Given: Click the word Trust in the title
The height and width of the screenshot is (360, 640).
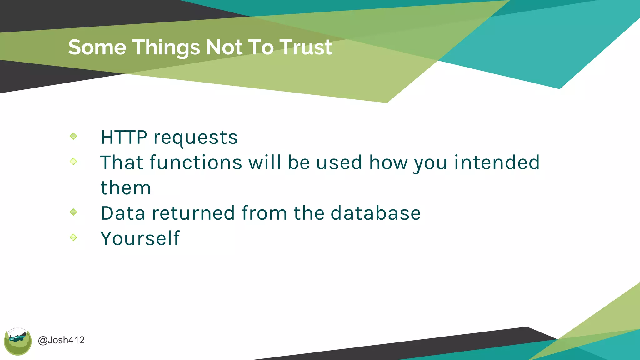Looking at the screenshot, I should (x=306, y=47).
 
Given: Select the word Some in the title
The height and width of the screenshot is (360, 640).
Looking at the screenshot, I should (x=97, y=47).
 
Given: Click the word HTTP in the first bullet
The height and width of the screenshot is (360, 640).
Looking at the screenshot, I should (x=124, y=137).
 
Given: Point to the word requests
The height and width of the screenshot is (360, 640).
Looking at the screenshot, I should (x=196, y=138).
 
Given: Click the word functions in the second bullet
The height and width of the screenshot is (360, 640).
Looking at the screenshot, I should (x=196, y=162).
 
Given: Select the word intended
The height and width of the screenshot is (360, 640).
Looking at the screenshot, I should (x=497, y=162).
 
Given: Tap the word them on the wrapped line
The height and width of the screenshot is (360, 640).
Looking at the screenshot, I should (x=126, y=188).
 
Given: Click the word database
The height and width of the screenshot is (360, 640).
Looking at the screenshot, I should (x=376, y=213).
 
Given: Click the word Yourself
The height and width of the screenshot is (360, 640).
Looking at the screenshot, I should (x=140, y=238).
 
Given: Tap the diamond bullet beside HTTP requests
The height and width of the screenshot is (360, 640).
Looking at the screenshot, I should (x=73, y=136).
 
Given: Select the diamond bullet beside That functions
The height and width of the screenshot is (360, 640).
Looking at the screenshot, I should (x=73, y=162).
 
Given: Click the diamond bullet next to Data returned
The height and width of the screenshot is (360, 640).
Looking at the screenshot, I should (x=73, y=212).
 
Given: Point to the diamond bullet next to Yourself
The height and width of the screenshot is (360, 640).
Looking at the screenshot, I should (x=73, y=237).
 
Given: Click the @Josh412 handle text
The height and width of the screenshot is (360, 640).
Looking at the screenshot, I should (x=61, y=340).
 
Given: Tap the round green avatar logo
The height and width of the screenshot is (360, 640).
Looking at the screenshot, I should (x=18, y=342).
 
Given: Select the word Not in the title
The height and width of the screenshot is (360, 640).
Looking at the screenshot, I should (x=223, y=47).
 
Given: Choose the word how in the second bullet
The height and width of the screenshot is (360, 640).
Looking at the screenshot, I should (x=388, y=162).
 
